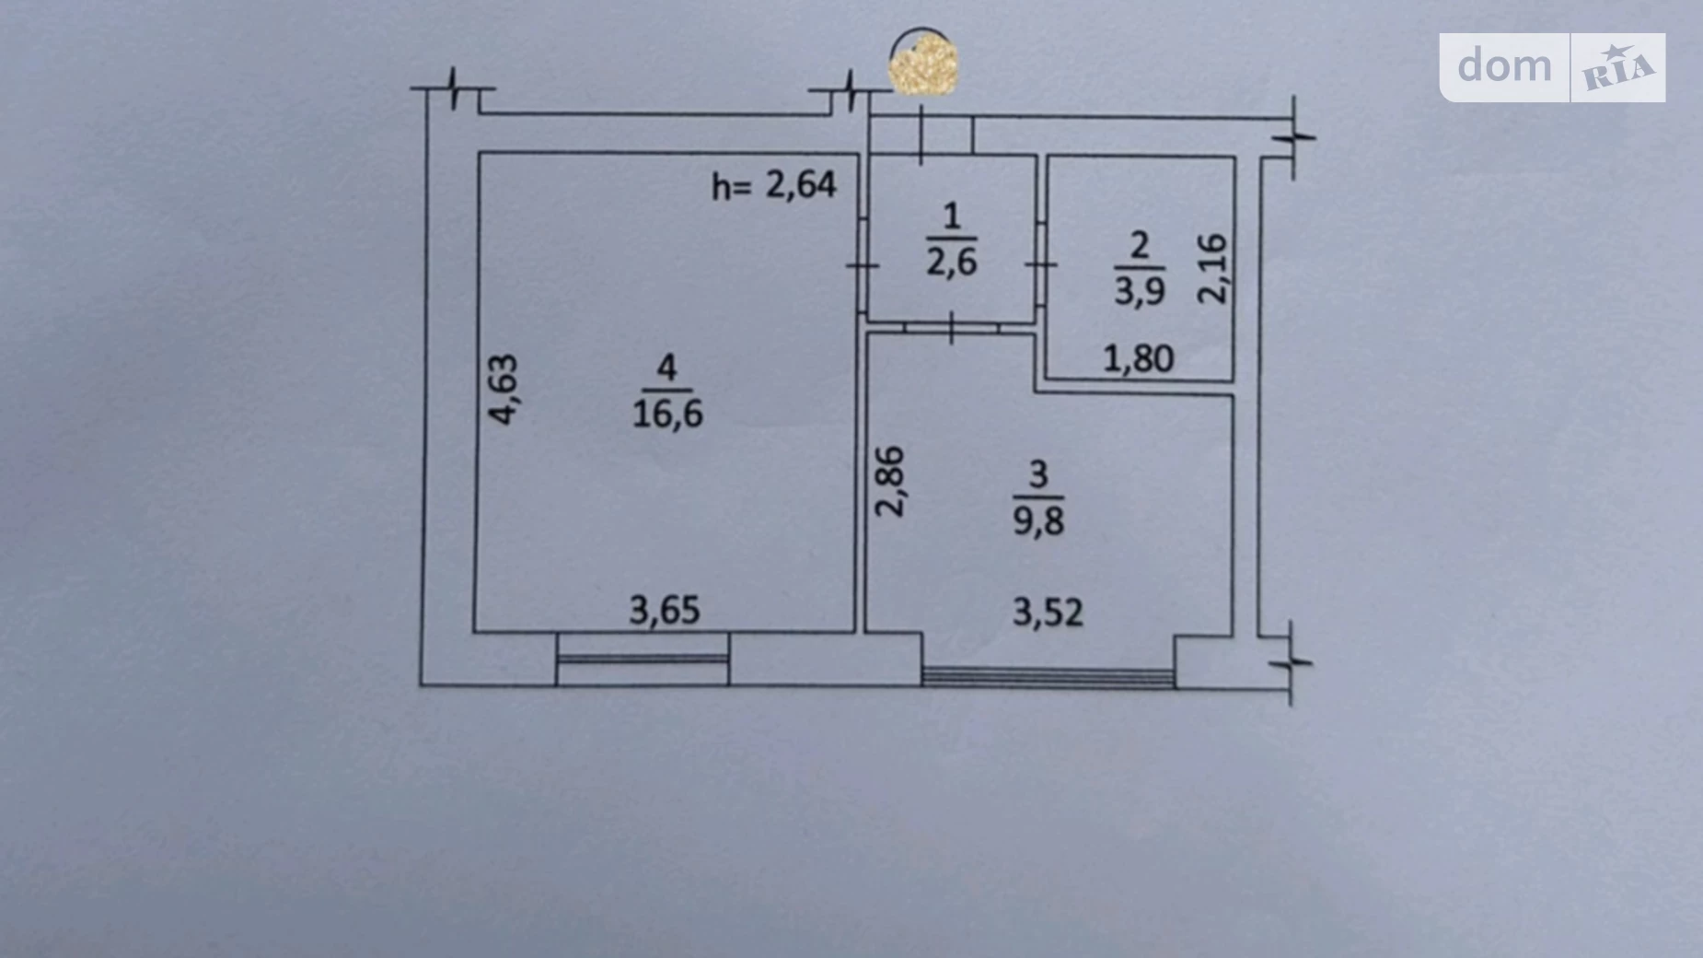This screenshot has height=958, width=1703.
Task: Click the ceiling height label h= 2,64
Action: (x=774, y=185)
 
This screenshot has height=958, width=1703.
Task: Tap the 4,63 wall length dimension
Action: (x=503, y=389)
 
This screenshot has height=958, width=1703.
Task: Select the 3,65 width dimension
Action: (x=665, y=610)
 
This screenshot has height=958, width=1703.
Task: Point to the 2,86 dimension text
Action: (x=890, y=481)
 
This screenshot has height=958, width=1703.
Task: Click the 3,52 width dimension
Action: (x=1048, y=612)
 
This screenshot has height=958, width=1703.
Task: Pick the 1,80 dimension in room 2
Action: (x=1138, y=358)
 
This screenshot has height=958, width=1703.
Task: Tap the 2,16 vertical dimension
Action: (x=1212, y=269)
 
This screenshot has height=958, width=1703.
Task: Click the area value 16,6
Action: (x=667, y=414)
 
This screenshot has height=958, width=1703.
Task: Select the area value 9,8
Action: (x=1038, y=520)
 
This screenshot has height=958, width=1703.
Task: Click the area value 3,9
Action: (x=1140, y=291)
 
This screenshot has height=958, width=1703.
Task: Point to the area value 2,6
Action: (x=952, y=263)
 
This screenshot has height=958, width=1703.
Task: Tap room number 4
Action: (x=666, y=368)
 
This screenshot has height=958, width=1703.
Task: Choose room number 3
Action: (x=1038, y=474)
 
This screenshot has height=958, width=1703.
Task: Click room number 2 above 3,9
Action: (x=1140, y=246)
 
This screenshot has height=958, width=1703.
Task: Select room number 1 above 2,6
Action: (x=952, y=217)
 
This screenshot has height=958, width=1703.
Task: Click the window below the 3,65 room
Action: (x=643, y=659)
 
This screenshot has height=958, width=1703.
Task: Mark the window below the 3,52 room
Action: (x=1048, y=677)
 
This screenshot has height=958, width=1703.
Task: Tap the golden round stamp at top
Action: (x=923, y=63)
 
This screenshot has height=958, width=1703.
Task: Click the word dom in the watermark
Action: (x=1504, y=66)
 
